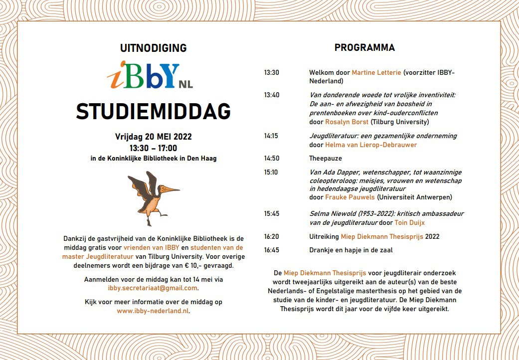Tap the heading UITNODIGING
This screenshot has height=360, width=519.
(x=154, y=48)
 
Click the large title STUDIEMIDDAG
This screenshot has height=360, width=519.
(x=154, y=112)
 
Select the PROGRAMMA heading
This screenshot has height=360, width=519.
(x=364, y=48)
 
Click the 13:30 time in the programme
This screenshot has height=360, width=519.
(x=272, y=73)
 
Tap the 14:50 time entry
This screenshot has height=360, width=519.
(x=272, y=159)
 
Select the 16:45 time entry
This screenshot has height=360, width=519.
(x=272, y=250)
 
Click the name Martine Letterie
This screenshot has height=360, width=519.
(x=376, y=73)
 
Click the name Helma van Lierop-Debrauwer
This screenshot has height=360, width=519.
(x=371, y=145)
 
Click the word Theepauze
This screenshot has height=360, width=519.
(x=326, y=159)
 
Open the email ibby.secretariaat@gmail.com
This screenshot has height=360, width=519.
(x=153, y=288)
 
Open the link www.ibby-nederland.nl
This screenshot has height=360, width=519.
(x=153, y=311)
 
